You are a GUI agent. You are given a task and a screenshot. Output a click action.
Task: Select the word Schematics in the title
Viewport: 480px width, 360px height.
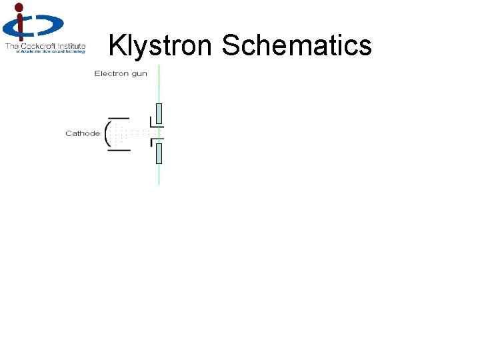coord(297,45)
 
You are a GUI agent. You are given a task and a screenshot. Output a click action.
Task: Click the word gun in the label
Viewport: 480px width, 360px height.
coord(139,73)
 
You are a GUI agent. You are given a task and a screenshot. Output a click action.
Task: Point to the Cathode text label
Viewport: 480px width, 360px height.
coord(83,133)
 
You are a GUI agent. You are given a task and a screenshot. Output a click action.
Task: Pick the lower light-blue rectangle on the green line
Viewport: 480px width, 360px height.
coord(159,153)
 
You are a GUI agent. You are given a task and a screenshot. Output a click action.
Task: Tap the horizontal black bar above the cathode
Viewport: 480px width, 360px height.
coord(119,118)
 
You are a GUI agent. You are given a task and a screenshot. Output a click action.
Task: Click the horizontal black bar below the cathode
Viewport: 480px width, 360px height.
coord(119,150)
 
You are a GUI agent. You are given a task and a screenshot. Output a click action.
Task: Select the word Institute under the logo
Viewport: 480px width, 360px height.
coord(70,46)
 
